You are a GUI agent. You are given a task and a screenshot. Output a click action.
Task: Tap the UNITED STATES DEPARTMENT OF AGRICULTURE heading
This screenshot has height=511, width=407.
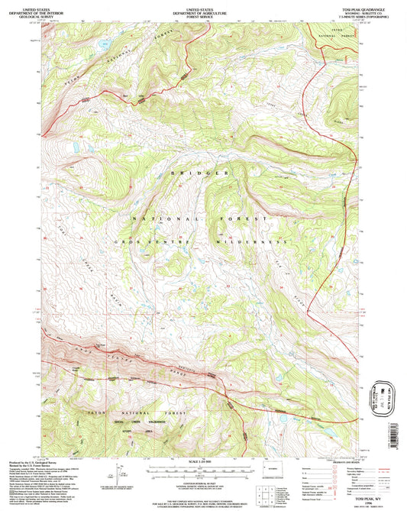click(203, 10)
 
